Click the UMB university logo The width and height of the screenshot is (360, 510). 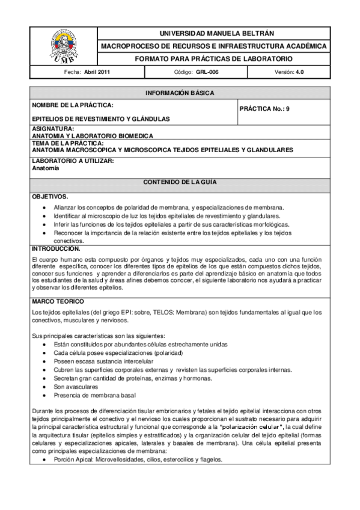[x=63, y=46]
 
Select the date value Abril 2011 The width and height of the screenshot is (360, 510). [x=97, y=72]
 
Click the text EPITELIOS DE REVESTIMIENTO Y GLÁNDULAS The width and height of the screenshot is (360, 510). [x=100, y=119]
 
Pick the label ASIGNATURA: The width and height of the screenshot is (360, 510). [x=53, y=129]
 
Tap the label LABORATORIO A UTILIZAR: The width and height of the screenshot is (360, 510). [x=73, y=161]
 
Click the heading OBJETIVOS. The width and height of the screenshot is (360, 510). [x=50, y=197]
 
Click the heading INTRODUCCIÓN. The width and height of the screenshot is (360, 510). [x=56, y=248]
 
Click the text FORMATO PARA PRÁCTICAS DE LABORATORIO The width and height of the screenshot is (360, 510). [x=213, y=59]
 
